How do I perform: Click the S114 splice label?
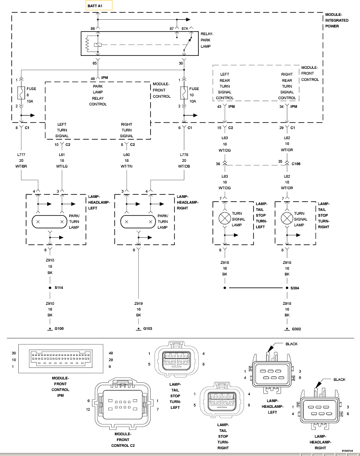59,287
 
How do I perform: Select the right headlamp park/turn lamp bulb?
139,222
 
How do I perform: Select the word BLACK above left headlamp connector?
292,344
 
